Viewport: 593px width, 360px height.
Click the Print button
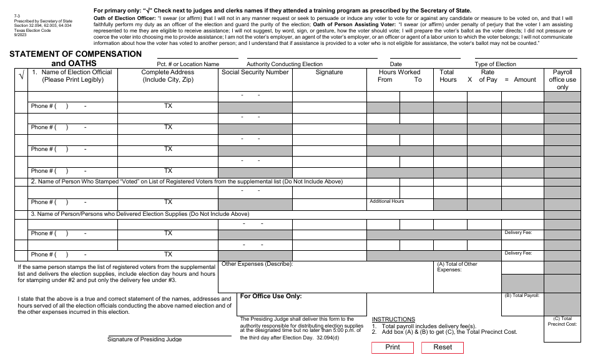392,348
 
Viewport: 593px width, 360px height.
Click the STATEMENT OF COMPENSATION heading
76,54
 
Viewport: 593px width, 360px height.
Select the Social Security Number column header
255,72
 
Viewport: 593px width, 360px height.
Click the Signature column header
329,72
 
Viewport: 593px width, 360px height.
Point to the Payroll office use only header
562,79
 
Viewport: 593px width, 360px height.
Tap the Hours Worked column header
399,72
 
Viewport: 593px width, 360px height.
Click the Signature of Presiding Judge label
144,339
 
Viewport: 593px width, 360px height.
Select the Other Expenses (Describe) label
257,264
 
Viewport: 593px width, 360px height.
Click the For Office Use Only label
271,296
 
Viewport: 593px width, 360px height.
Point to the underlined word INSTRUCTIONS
393,319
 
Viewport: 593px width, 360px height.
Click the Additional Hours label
386,202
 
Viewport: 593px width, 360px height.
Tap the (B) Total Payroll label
522,295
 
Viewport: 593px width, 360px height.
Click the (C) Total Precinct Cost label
562,321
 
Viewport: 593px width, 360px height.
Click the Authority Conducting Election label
285,64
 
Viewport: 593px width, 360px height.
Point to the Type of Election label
495,64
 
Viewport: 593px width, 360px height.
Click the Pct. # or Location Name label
188,64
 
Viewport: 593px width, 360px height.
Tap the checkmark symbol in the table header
21,76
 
